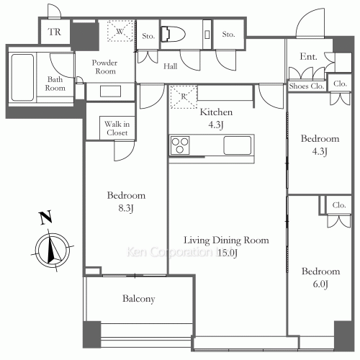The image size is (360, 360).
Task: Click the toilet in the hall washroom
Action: pos(173,35)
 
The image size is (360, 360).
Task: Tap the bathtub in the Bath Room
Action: pos(22,77)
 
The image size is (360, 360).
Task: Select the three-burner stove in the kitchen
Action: pos(180,145)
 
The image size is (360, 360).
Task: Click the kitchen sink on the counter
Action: pos(238,145)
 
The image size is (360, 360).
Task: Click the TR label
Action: pos(55,32)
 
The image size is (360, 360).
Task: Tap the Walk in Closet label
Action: pos(117,128)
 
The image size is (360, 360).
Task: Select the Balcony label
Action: pos(139,299)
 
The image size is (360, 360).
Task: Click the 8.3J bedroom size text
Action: pos(126,208)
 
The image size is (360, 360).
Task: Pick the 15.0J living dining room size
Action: pos(228,253)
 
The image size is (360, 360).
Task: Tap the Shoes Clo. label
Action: pos(307,86)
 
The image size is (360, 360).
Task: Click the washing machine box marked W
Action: pos(120,31)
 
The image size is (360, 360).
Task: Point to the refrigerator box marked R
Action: pos(184,96)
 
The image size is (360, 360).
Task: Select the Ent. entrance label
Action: pos(308,57)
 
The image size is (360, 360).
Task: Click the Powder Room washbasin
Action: pos(110,91)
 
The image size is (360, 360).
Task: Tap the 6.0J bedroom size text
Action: pos(320,284)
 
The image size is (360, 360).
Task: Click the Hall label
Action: pos(171,66)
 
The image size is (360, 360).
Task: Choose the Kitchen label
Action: pos(216,112)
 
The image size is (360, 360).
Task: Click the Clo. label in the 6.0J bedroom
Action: pos(339,205)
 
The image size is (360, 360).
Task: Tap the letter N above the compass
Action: pos(45,217)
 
